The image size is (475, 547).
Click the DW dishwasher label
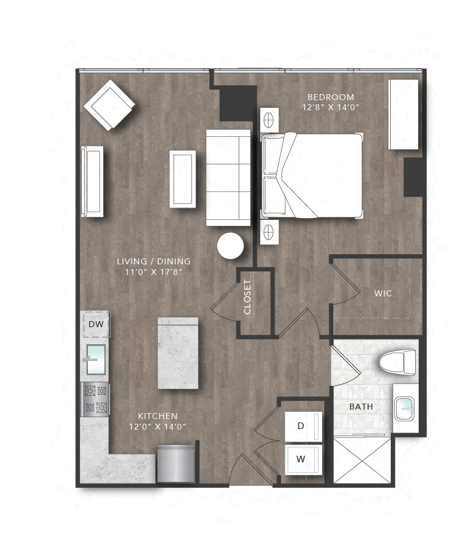[x=95, y=324]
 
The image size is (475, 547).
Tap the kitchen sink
[x=96, y=359]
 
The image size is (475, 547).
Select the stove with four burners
[x=95, y=399]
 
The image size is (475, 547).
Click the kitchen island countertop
[x=177, y=353]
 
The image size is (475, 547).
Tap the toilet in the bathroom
[x=397, y=361]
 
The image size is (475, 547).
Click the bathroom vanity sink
[x=406, y=408]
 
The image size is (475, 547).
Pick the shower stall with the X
[x=362, y=460]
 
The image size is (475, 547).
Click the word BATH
[x=361, y=407]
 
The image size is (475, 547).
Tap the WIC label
[x=383, y=293]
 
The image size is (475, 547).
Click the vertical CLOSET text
[x=248, y=297]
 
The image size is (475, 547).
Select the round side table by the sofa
[x=230, y=246]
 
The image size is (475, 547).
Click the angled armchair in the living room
[x=109, y=105]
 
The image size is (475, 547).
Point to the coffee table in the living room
[x=183, y=178]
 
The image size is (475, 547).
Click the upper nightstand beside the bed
[x=269, y=119]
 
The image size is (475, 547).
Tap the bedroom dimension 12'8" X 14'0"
[x=331, y=107]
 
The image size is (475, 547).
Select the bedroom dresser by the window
[x=403, y=114]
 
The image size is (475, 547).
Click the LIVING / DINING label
[x=154, y=261]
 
